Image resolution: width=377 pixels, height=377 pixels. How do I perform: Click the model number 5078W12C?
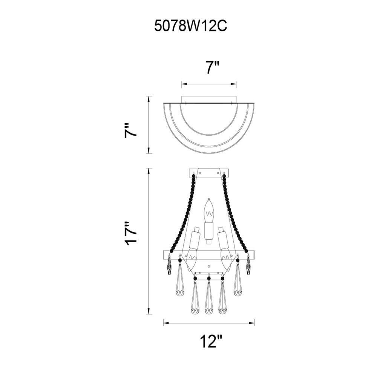190,26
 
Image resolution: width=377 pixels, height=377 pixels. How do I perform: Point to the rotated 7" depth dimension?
130,130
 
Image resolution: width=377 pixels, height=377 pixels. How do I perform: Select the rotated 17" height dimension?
130,233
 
